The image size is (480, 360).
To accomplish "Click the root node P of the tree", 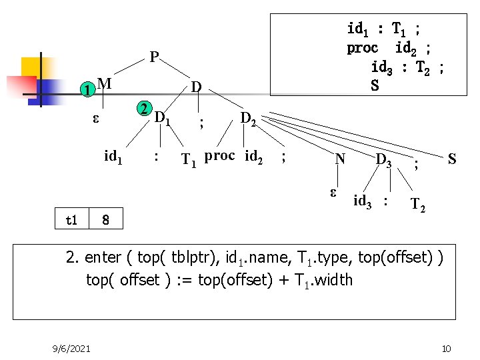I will pyautogui.click(x=154, y=57).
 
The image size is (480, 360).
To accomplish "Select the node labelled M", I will pyautogui.click(x=103, y=83).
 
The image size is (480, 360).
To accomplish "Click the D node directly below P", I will pyautogui.click(x=196, y=87).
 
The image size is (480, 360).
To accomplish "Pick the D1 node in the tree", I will pyautogui.click(x=163, y=118).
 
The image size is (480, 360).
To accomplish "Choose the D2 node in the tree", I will pyautogui.click(x=248, y=119).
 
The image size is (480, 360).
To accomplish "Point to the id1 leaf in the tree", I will pyautogui.click(x=113, y=157).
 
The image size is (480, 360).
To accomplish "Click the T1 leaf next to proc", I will pyautogui.click(x=190, y=159).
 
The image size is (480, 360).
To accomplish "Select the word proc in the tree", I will pyautogui.click(x=219, y=156).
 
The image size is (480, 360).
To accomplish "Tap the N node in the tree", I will pyautogui.click(x=340, y=159).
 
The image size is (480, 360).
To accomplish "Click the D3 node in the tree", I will pyautogui.click(x=383, y=159).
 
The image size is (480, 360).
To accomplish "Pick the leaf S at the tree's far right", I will pyautogui.click(x=452, y=159).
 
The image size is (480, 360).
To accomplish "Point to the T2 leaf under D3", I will pyautogui.click(x=419, y=204).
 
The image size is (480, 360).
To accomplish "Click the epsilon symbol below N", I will pyautogui.click(x=334, y=193).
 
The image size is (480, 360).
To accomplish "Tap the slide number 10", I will pyautogui.click(x=446, y=348).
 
